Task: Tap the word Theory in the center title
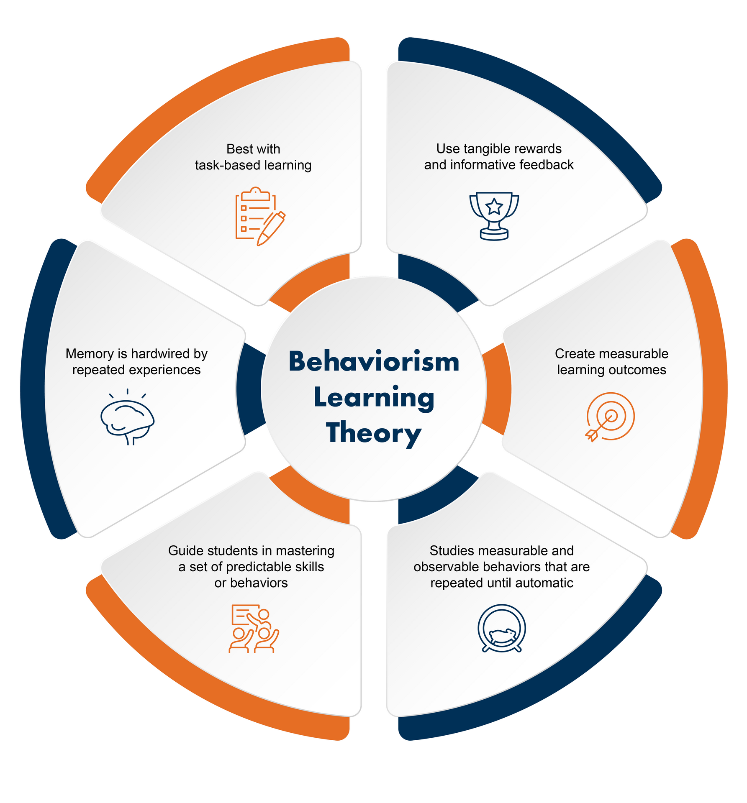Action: point(374,433)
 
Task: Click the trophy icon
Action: point(494,216)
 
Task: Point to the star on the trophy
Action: point(494,207)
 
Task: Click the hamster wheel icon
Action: point(502,629)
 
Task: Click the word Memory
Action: point(90,354)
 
